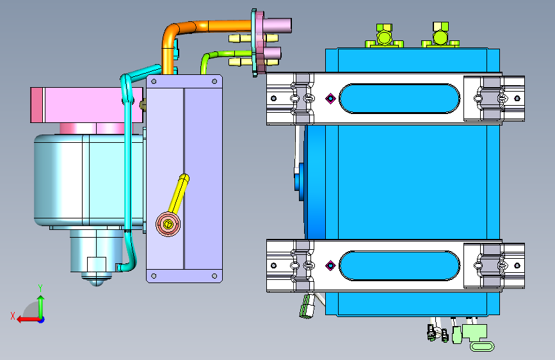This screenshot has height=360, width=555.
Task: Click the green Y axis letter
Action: click(40, 288)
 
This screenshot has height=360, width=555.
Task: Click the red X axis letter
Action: click(13, 316)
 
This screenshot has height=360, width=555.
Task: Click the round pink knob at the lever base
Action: click(168, 224)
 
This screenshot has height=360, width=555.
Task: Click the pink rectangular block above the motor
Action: click(86, 105)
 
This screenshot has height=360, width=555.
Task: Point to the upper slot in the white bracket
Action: click(399, 99)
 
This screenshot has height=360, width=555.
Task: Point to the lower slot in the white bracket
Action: click(399, 266)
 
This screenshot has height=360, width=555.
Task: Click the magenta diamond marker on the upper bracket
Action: click(330, 99)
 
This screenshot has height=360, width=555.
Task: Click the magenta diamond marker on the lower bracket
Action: click(330, 265)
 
